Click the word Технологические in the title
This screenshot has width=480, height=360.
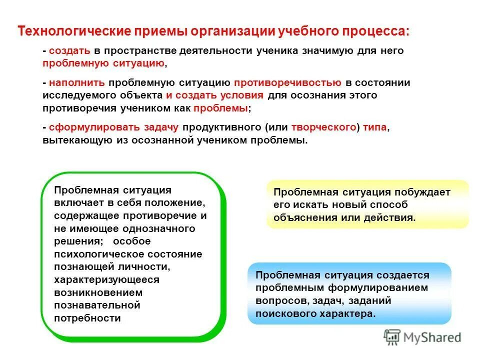pyautogui.click(x=73, y=31)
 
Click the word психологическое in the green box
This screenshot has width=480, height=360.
pyautogui.click(x=91, y=254)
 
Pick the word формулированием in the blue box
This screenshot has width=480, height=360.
pyautogui.click(x=382, y=288)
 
